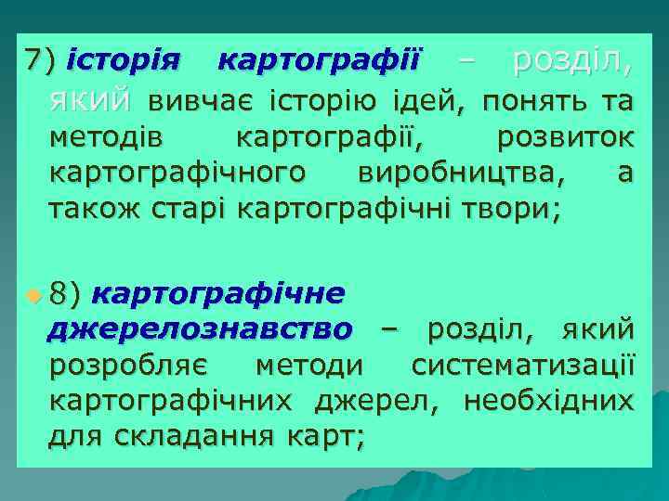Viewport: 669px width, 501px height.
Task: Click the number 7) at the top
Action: [x=41, y=61]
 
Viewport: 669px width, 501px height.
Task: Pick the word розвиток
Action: [x=566, y=137]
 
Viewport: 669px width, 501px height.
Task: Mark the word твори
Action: [x=519, y=210]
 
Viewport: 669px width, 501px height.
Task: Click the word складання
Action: [x=193, y=439]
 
